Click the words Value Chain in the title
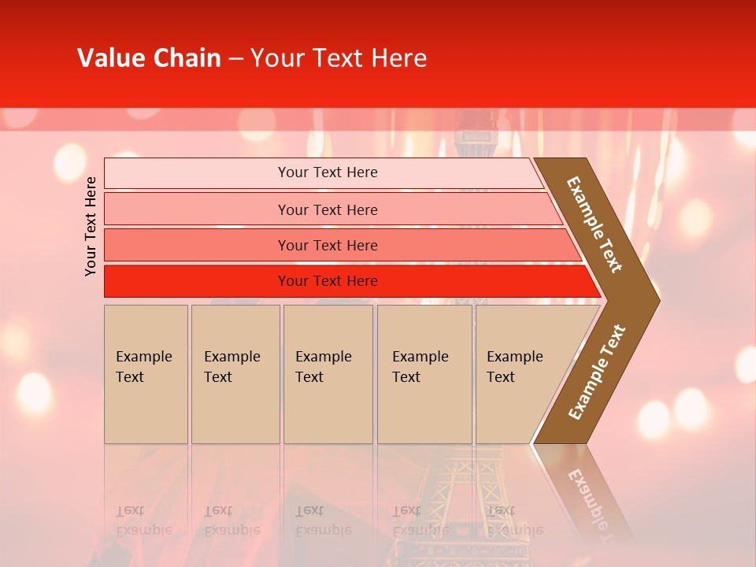[149, 58]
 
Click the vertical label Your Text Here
[91, 226]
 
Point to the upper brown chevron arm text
[595, 224]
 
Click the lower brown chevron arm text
[597, 372]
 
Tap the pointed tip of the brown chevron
[654, 300]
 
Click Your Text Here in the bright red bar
[328, 281]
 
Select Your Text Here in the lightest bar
[328, 172]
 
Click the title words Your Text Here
[339, 58]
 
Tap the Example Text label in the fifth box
[514, 366]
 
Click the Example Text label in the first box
[143, 366]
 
